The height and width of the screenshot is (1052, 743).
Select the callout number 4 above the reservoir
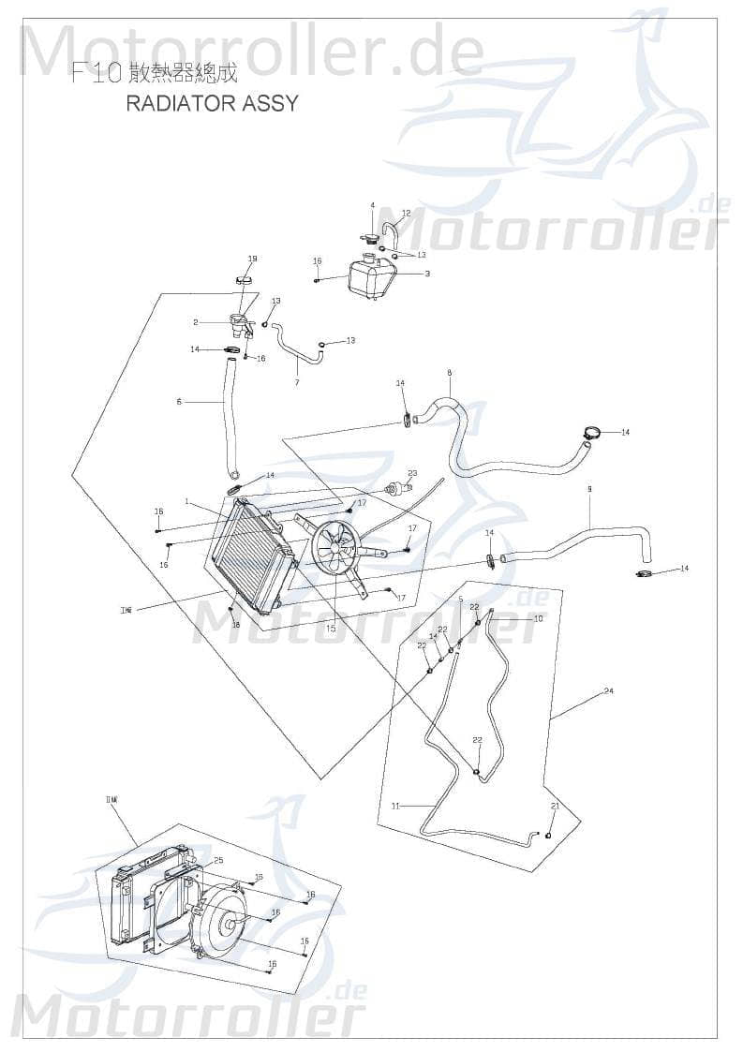tap(372, 206)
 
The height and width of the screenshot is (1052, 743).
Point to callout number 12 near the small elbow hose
tap(406, 214)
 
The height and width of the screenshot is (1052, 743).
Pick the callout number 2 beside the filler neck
tap(196, 322)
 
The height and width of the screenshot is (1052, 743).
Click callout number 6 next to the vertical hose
tap(178, 402)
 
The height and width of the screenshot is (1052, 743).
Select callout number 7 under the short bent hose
tap(297, 382)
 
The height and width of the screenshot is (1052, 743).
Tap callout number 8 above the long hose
tap(449, 373)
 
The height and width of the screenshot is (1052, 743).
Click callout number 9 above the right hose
tap(589, 489)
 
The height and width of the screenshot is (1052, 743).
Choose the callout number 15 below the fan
tap(331, 629)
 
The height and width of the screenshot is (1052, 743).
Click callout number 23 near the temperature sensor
tap(411, 473)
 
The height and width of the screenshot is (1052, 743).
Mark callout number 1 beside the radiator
tap(187, 502)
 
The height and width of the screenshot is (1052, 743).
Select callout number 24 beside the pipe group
tap(608, 691)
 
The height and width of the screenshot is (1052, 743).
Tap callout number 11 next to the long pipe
tap(395, 806)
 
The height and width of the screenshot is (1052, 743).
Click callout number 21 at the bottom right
tap(555, 807)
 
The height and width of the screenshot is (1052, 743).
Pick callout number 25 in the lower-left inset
tap(218, 860)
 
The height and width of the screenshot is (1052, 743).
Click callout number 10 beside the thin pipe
tap(538, 619)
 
